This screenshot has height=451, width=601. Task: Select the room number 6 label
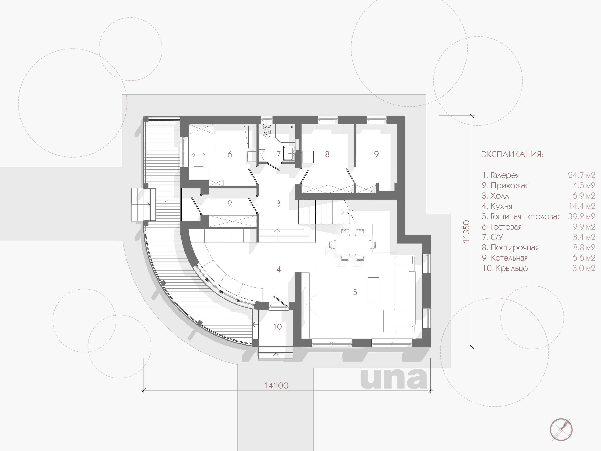(230, 154)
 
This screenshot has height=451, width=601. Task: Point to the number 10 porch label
(277, 327)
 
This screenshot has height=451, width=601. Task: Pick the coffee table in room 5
(373, 290)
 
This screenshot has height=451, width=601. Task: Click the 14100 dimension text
(276, 386)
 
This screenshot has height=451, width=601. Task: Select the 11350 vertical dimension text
(466, 231)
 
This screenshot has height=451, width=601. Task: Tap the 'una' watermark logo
(393, 378)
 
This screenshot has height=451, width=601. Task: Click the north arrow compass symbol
(561, 429)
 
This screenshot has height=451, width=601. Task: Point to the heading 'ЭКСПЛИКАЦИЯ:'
(512, 154)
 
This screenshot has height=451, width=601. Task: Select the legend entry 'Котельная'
(509, 258)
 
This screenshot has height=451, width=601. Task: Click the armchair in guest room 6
(199, 160)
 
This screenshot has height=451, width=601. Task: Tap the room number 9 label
(376, 154)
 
